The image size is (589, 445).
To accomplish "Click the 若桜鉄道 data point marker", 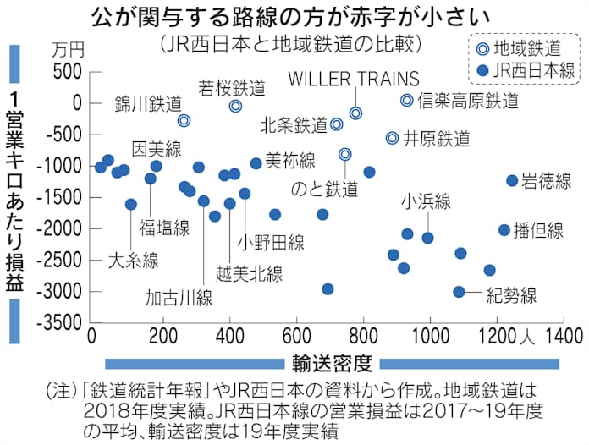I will click(236, 106).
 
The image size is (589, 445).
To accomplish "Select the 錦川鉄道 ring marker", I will click(184, 121).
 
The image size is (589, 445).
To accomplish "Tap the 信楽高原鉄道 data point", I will click(406, 100).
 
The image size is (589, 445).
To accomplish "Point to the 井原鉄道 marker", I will click(392, 138).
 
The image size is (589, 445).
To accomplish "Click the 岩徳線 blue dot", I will click(512, 180).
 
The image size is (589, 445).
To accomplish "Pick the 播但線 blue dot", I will click(504, 229).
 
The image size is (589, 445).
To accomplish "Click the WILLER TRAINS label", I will click(354, 79).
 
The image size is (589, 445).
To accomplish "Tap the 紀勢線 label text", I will click(512, 296).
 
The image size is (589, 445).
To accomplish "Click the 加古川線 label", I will click(179, 298).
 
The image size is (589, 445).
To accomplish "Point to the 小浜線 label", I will click(427, 201).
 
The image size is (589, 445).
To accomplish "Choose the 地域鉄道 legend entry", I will click(519, 47).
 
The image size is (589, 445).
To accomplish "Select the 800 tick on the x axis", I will click(363, 334).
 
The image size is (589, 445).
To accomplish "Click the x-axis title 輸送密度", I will click(334, 364).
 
